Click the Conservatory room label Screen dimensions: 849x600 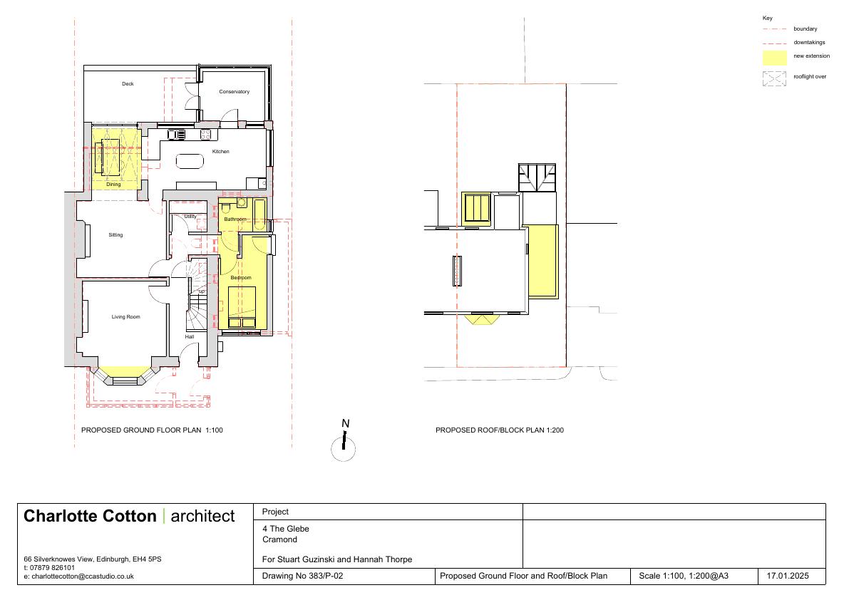click(x=234, y=92)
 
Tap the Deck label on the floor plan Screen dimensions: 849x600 click(x=128, y=84)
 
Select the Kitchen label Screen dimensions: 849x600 click(x=220, y=152)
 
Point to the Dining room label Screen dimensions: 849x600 click(x=113, y=185)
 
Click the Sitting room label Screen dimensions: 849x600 click(x=115, y=235)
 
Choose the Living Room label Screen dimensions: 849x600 click(x=125, y=316)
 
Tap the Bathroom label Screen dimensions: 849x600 click(x=235, y=219)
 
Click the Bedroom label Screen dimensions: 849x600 click(x=241, y=277)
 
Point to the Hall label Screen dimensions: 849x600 click(x=190, y=336)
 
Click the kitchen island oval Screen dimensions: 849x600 click(x=190, y=161)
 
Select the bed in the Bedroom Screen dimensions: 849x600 click(x=242, y=307)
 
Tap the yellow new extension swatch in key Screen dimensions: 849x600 click(x=774, y=58)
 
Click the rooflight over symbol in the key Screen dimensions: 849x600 click(x=774, y=79)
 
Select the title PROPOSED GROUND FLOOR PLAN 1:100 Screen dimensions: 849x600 click(x=152, y=430)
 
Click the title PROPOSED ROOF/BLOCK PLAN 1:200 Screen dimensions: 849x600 click(x=500, y=430)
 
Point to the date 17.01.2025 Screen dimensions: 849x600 click(x=788, y=576)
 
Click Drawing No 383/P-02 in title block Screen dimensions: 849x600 click(x=303, y=576)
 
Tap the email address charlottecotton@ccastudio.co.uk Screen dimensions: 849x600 click(x=83, y=576)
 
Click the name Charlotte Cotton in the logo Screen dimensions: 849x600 click(x=90, y=516)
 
